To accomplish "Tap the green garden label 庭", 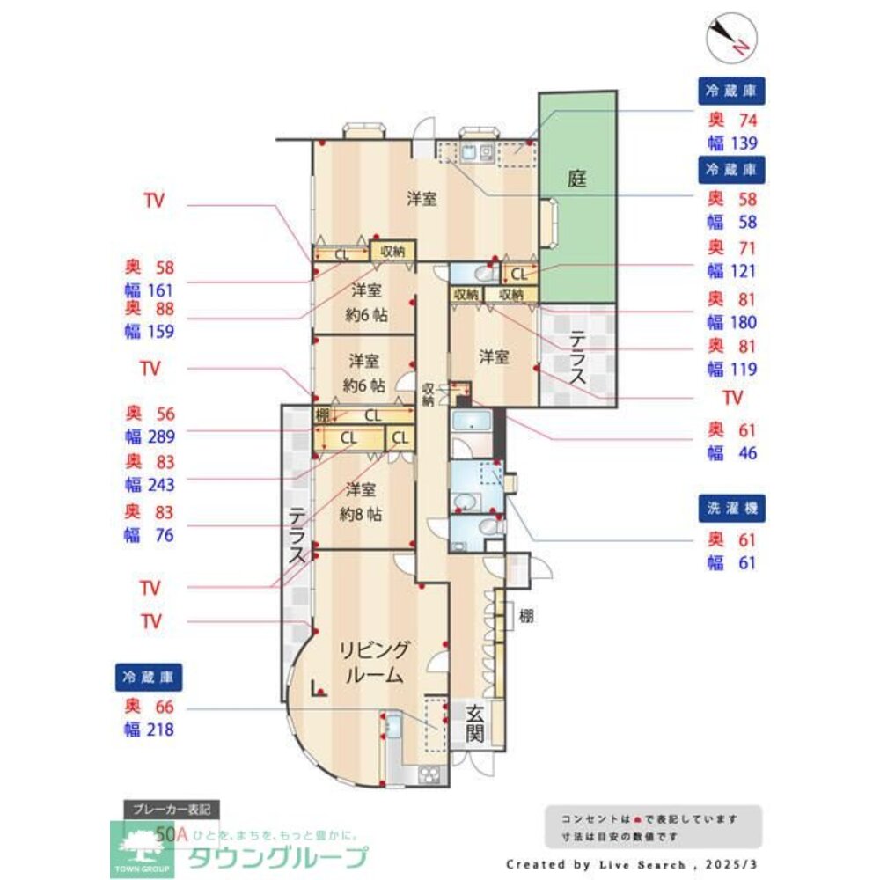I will point(576,180).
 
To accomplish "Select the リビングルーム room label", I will point(374,664).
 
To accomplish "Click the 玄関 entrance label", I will point(474,723).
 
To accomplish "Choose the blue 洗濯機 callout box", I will point(732,508).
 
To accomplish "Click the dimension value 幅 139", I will point(732,143).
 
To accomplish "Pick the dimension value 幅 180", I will point(732,322).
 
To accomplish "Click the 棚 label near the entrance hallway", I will point(525,616).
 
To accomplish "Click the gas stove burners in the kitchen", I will point(429,774).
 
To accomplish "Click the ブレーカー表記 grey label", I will point(172,809).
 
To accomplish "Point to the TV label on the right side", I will point(732,398).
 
